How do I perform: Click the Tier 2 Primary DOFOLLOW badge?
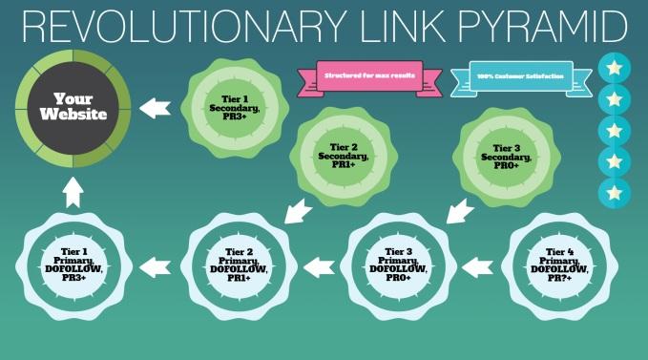235,263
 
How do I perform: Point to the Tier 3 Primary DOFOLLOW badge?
395,263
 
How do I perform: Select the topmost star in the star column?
614,68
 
